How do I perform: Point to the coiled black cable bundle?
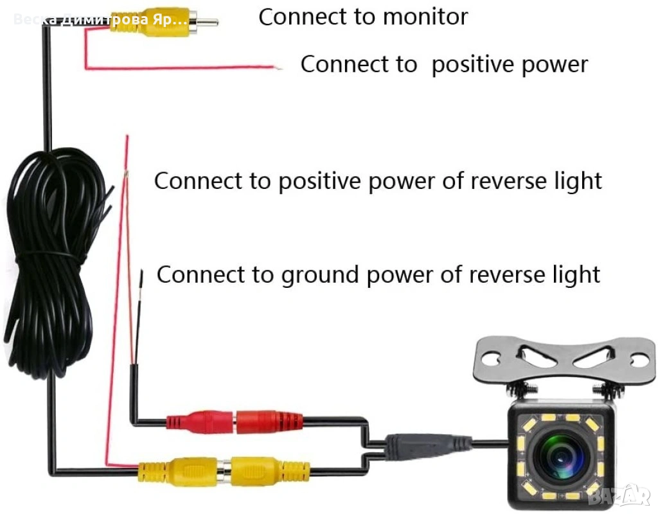click(58, 257)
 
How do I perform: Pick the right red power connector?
click(267, 422)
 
